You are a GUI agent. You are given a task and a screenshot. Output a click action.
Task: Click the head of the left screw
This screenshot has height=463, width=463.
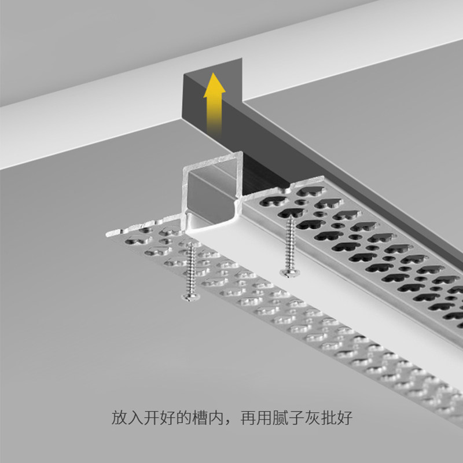click(x=189, y=297)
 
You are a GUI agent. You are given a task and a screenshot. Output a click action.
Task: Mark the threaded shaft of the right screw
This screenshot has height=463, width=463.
click(x=289, y=243)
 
